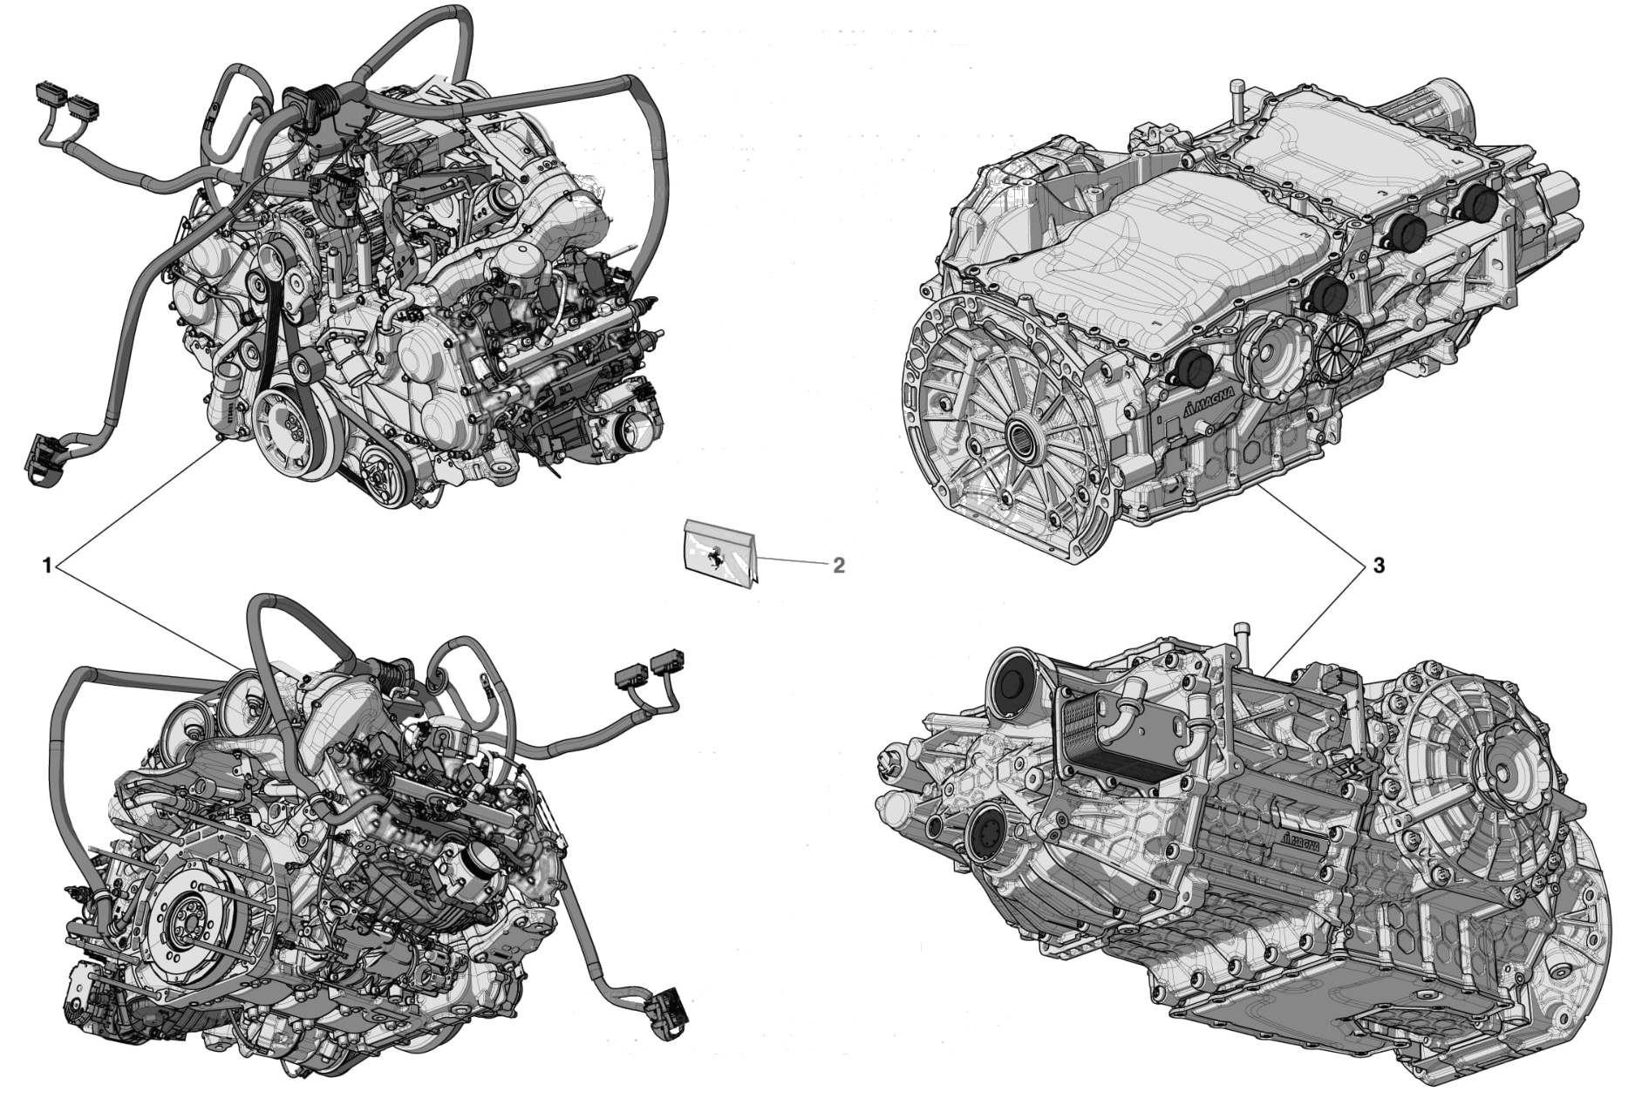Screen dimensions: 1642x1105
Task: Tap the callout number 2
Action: [838, 565]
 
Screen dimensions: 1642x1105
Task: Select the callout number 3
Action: [1378, 566]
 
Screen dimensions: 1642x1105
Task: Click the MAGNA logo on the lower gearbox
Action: [1305, 842]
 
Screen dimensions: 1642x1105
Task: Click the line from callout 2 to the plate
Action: [792, 561]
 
